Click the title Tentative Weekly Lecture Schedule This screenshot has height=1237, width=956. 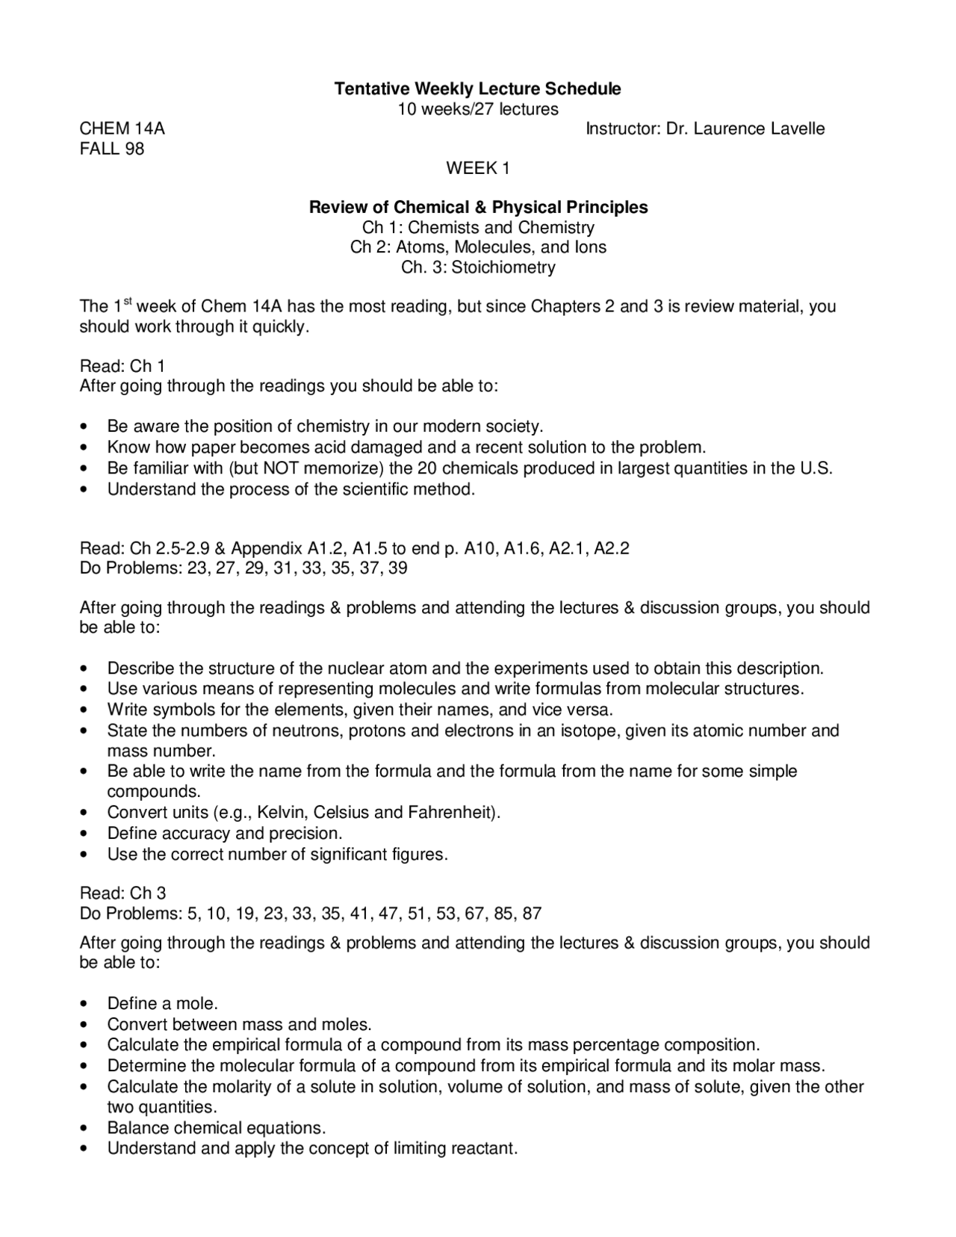pyautogui.click(x=477, y=89)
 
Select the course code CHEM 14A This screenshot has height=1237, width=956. pyautogui.click(x=122, y=128)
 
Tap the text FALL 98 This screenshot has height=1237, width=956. pyautogui.click(x=112, y=149)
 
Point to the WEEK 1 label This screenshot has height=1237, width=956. pyautogui.click(x=477, y=169)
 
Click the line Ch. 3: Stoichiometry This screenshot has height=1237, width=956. pyautogui.click(x=478, y=267)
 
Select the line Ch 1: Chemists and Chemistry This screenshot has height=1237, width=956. pyautogui.click(x=478, y=227)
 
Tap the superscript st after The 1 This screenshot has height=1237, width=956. pyautogui.click(x=127, y=302)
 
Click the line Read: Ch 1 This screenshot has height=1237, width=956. pyautogui.click(x=122, y=366)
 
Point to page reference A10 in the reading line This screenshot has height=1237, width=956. pyautogui.click(x=479, y=548)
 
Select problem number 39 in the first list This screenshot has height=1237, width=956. pyautogui.click(x=398, y=568)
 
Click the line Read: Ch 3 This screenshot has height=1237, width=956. pyautogui.click(x=122, y=893)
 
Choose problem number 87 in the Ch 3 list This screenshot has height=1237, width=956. pyautogui.click(x=532, y=913)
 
